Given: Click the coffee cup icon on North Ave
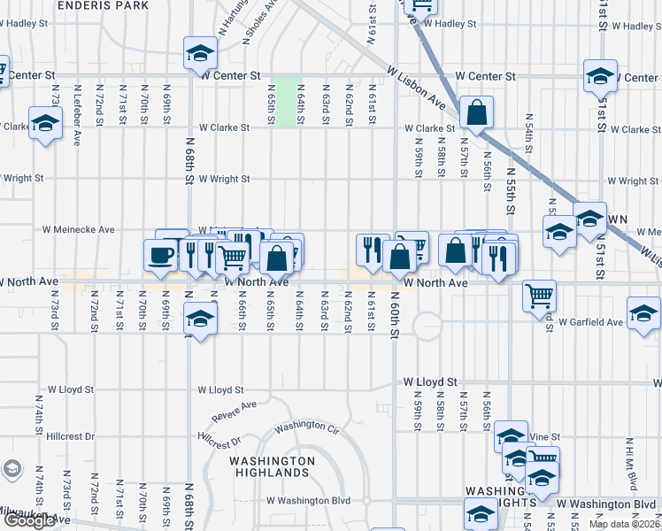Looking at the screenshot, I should pyautogui.click(x=160, y=255).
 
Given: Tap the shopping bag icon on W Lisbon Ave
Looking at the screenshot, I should pyautogui.click(x=476, y=112).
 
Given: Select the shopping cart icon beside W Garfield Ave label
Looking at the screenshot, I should pyautogui.click(x=539, y=296).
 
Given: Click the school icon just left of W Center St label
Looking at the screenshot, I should pyautogui.click(x=200, y=54).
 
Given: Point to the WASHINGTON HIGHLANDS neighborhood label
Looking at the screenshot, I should pyautogui.click(x=272, y=466).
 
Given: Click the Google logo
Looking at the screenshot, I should pyautogui.click(x=28, y=520).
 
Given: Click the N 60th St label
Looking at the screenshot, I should pyautogui.click(x=395, y=324).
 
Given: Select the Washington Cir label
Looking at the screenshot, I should pyautogui.click(x=306, y=427).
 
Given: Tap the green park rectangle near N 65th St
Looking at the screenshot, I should pyautogui.click(x=285, y=103).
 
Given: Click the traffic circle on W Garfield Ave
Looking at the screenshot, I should pyautogui.click(x=426, y=326).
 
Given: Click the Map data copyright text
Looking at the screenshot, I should pyautogui.click(x=623, y=524).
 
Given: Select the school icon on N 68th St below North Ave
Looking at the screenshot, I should pyautogui.click(x=200, y=319).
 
